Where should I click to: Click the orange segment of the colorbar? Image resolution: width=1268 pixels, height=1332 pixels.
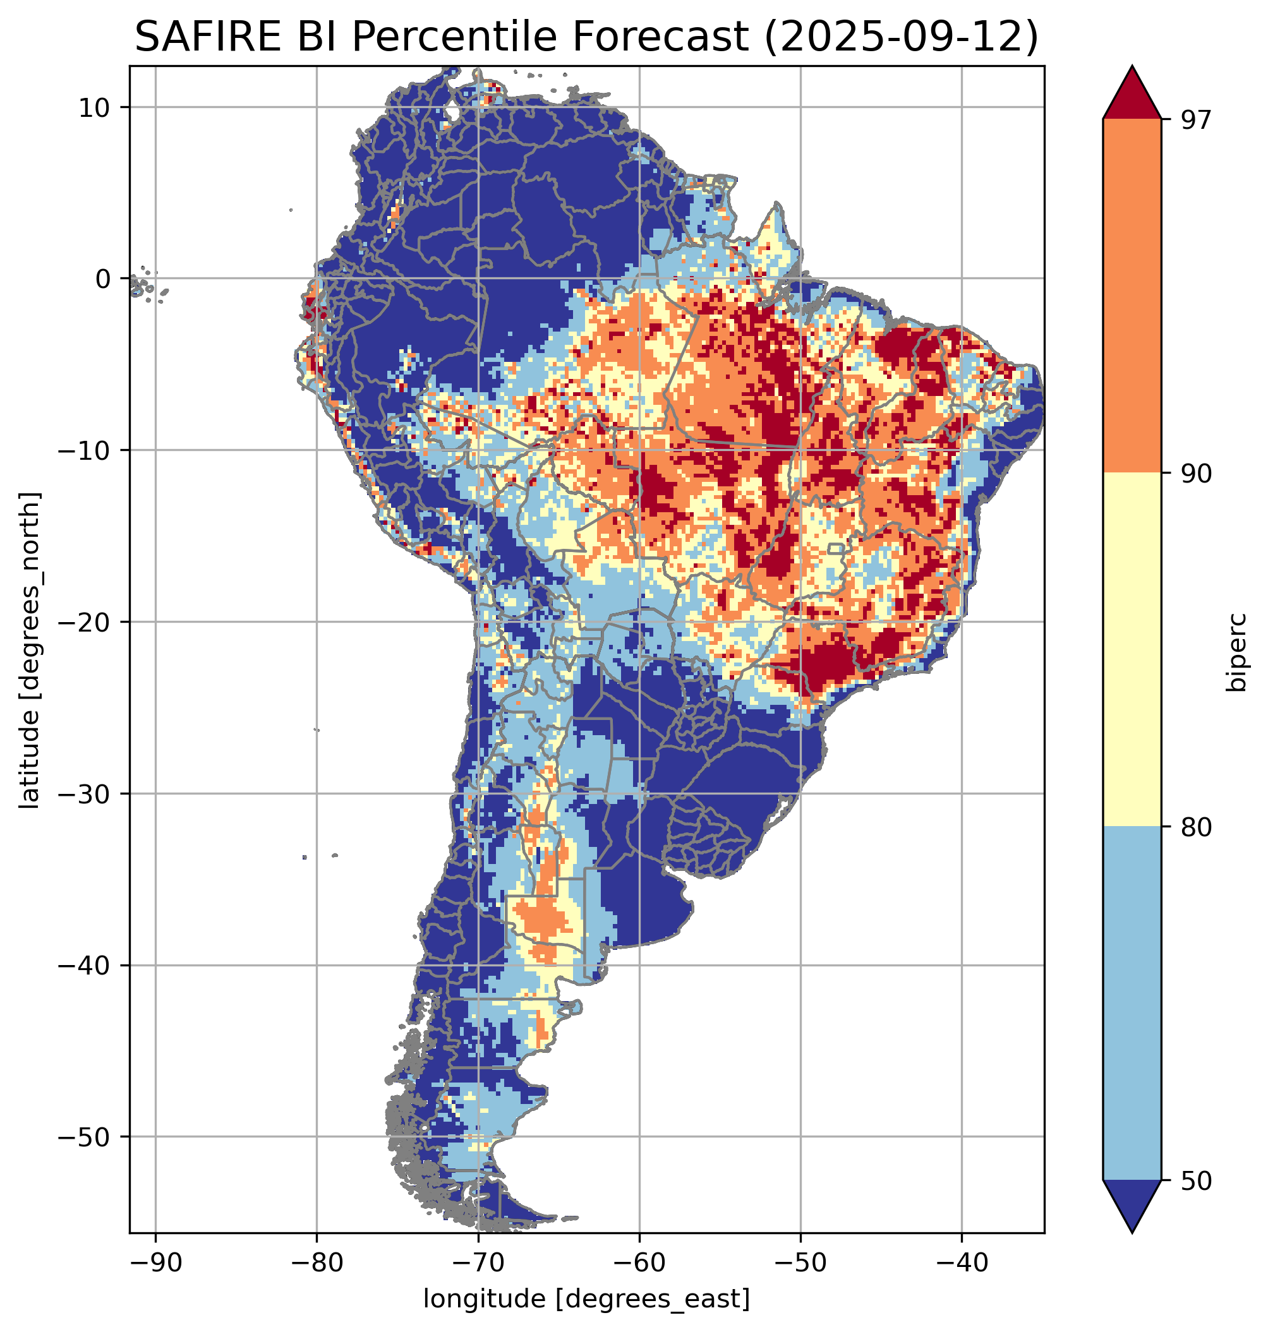click(x=1132, y=296)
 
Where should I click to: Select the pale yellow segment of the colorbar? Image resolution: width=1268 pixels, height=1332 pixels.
click(x=1132, y=649)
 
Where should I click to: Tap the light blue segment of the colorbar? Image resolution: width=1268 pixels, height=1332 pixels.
click(x=1132, y=1004)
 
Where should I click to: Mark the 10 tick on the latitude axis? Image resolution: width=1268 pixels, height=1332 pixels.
click(x=95, y=107)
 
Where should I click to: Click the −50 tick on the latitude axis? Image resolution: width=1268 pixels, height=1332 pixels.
click(x=84, y=1137)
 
